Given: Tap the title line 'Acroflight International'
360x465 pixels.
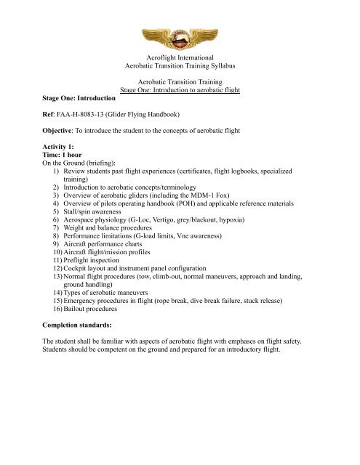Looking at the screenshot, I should click(180, 57).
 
